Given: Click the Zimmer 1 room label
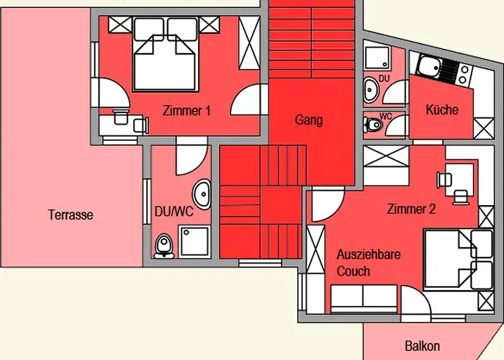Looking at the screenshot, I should (x=186, y=112).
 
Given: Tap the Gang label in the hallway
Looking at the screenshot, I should (x=308, y=120).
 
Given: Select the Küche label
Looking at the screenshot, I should (x=441, y=110).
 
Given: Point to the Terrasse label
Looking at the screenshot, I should (x=71, y=215).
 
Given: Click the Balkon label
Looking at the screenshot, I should (x=422, y=346).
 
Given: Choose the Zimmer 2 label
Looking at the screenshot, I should (x=411, y=210).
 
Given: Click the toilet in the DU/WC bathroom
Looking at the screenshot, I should (x=163, y=245).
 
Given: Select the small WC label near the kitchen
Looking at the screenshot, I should (x=385, y=116).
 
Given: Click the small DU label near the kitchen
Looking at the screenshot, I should (x=384, y=78).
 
